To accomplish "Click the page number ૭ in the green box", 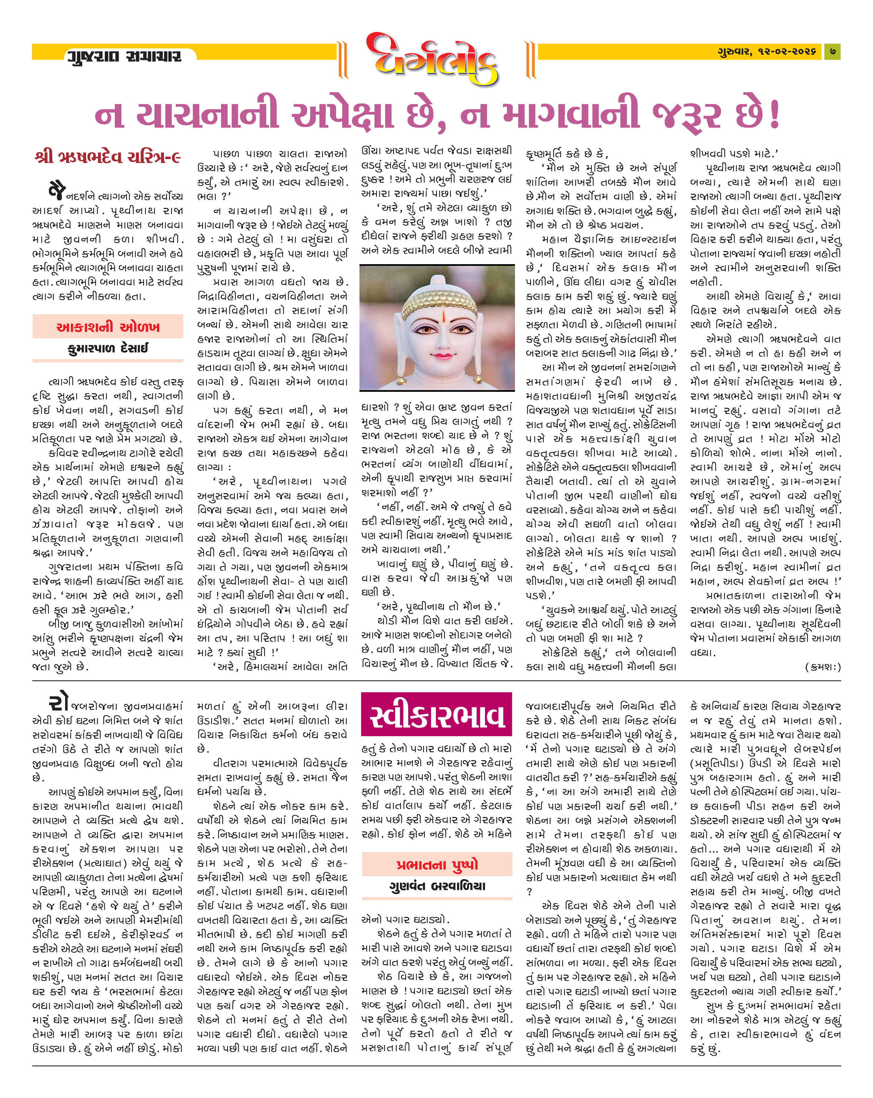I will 832,51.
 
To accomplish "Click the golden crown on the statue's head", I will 438,298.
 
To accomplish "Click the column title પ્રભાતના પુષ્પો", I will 437,864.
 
